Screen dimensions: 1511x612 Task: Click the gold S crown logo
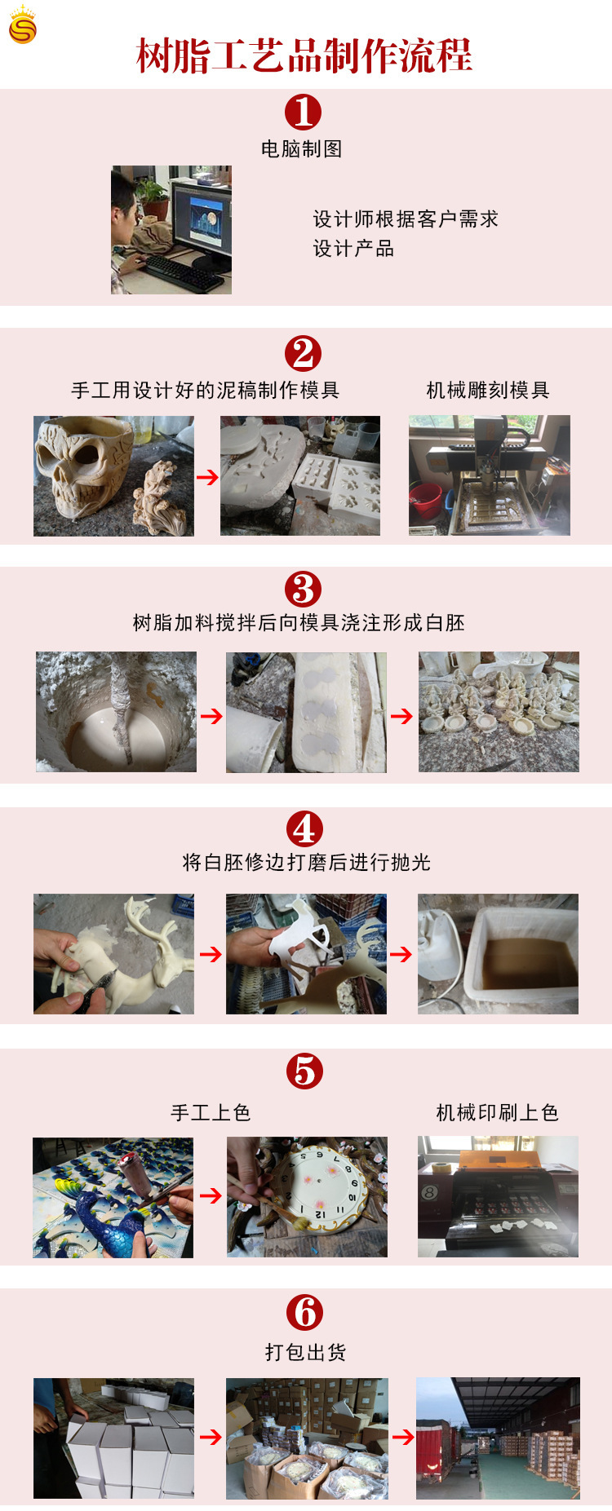click(x=22, y=25)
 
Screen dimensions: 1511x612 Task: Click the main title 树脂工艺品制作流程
click(x=304, y=56)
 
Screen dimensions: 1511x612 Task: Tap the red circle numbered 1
click(x=303, y=113)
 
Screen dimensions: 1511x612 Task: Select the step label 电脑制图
click(x=301, y=149)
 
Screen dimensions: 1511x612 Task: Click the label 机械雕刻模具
click(x=488, y=391)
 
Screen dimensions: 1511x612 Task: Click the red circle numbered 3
click(x=303, y=589)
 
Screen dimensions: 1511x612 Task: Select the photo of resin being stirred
click(x=116, y=712)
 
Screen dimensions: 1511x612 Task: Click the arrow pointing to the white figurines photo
click(x=401, y=716)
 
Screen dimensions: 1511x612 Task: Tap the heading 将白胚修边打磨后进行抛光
click(x=306, y=863)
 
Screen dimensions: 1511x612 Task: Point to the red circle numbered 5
click(x=304, y=1071)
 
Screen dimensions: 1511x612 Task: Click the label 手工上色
click(x=211, y=1113)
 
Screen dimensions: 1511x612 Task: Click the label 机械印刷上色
click(x=497, y=1113)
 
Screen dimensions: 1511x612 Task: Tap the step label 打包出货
click(x=305, y=1353)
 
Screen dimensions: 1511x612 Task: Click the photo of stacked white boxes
click(x=113, y=1438)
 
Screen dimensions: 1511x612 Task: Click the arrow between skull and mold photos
click(x=207, y=477)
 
